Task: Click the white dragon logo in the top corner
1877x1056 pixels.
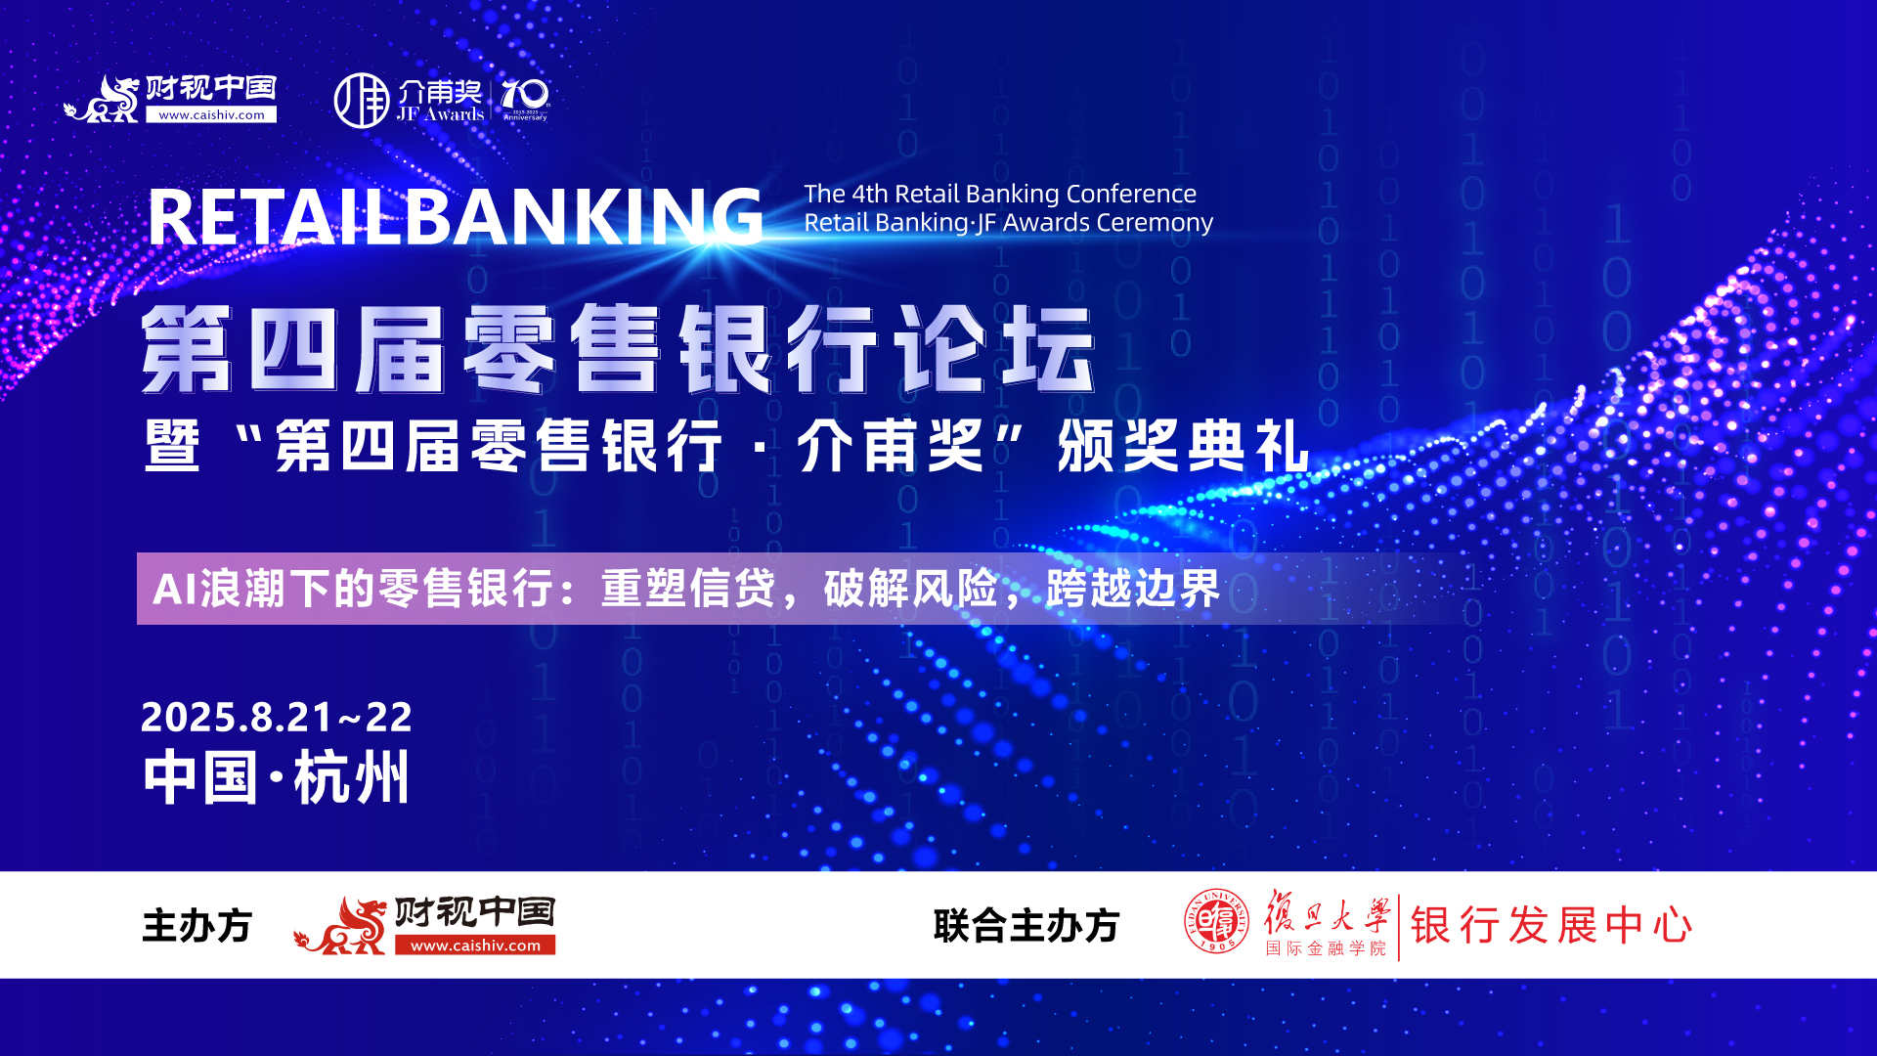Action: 102,99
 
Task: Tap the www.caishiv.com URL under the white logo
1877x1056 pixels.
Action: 211,114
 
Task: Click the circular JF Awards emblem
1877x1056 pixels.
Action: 362,100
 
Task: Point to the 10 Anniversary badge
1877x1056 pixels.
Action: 525,100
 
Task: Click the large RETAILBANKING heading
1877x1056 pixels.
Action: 456,217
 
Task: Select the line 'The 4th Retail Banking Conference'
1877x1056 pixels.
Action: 1000,194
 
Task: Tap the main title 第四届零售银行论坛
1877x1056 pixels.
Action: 618,349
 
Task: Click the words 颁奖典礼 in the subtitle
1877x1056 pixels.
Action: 1183,446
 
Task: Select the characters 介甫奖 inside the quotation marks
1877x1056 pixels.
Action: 891,446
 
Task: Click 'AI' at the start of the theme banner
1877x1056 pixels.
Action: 176,589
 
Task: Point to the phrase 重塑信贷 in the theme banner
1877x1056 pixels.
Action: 688,589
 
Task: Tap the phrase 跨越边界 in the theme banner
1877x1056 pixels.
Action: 1134,589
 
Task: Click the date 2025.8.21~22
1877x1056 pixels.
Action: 277,717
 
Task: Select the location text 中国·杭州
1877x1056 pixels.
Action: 277,778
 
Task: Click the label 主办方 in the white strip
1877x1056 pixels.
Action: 197,925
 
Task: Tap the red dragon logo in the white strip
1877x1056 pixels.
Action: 340,925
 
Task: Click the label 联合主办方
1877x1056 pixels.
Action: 1026,925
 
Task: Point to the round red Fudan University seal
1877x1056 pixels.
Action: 1217,921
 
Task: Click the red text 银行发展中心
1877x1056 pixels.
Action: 1551,925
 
